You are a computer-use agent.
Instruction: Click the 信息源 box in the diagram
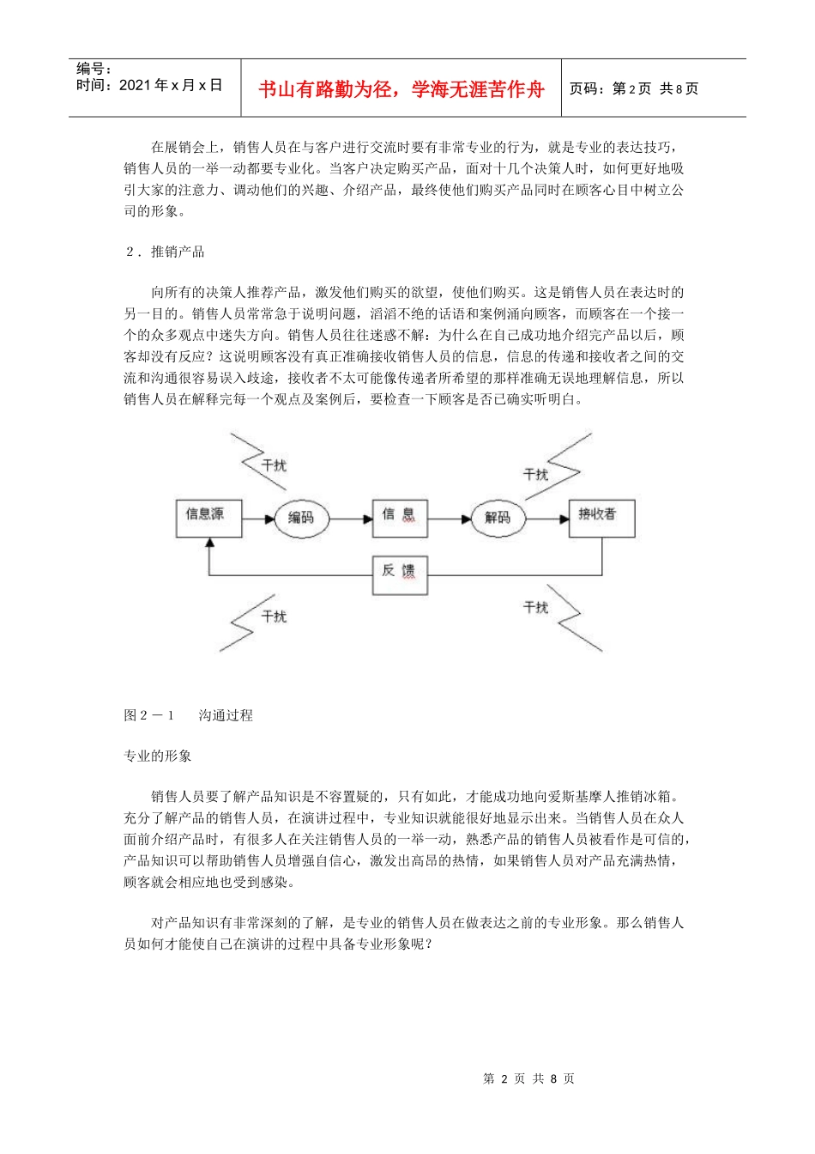click(x=206, y=518)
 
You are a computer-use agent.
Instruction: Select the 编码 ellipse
click(x=301, y=518)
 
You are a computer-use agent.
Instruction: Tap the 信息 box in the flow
click(x=399, y=518)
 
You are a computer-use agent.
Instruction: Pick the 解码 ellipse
click(x=498, y=518)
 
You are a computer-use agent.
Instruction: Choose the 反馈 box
click(x=399, y=574)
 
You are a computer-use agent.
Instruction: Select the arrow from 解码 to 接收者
click(x=547, y=519)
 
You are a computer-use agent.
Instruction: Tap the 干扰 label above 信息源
click(x=274, y=465)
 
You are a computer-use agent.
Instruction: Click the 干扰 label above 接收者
click(x=536, y=474)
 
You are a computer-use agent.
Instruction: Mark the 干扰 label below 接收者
click(x=536, y=608)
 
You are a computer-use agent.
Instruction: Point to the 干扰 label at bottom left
click(x=274, y=616)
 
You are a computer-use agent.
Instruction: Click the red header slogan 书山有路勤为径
click(x=401, y=89)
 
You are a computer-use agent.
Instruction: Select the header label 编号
click(x=94, y=69)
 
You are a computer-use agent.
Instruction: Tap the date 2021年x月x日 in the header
click(x=170, y=85)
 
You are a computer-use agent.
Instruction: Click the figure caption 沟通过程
click(x=226, y=715)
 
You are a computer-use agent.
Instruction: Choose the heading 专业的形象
click(x=158, y=756)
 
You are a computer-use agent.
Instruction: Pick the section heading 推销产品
click(x=178, y=252)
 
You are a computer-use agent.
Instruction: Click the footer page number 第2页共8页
click(x=528, y=1078)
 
